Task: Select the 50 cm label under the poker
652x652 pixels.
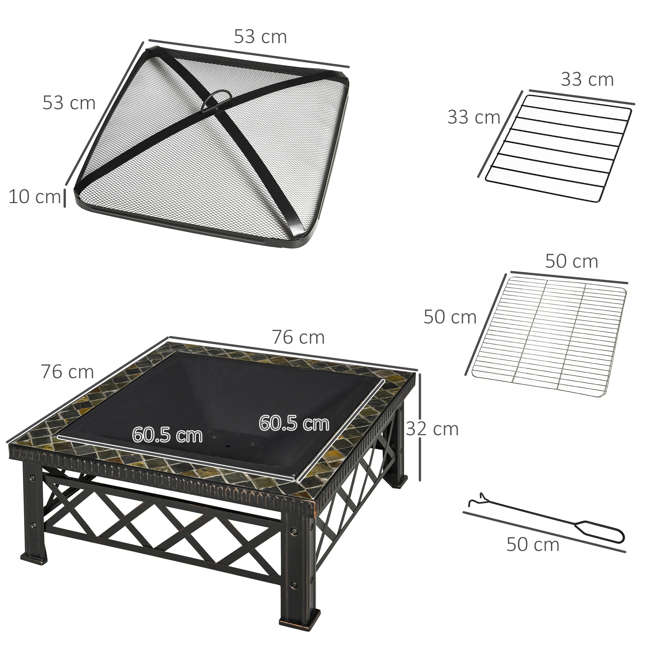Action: tap(533, 544)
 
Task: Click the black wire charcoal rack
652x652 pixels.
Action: tap(558, 148)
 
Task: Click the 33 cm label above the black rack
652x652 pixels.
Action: tap(587, 80)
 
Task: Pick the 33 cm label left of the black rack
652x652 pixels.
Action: tap(474, 117)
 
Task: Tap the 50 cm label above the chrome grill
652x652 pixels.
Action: tap(571, 261)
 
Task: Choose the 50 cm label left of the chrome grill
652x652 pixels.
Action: tap(450, 317)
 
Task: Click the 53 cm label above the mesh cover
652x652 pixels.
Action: tap(260, 37)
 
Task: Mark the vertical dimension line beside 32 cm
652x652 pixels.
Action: tap(420, 427)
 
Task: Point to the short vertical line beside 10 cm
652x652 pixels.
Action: tap(65, 199)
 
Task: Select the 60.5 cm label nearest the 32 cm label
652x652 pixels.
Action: tap(294, 423)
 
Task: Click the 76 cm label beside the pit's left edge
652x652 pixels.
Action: tap(67, 372)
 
